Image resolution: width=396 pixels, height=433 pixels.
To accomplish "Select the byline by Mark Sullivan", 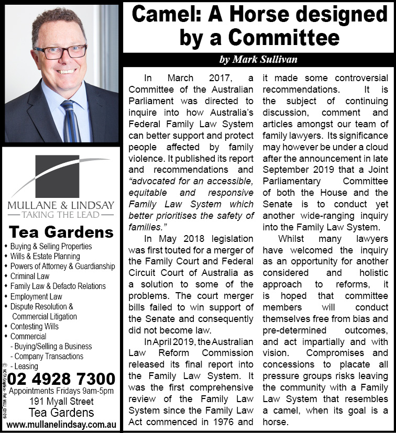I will [258, 60].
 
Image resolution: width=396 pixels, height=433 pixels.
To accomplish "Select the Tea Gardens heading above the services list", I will [61, 232].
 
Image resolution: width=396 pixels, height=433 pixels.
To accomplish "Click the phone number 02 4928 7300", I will [61, 379].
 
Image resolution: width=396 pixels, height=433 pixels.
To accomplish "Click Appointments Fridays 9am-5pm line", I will [61, 391].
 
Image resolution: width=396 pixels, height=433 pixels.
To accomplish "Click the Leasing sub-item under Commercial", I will [26, 366].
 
